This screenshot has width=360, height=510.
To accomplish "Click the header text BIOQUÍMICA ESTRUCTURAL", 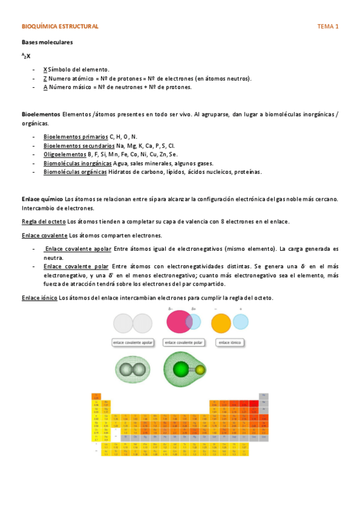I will (59, 27).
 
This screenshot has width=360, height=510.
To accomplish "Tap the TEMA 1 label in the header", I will (328, 27).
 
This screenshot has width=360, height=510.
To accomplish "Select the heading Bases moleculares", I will (47, 43).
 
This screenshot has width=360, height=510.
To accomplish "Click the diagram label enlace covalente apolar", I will (133, 342).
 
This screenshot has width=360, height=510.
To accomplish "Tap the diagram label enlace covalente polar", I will (183, 342).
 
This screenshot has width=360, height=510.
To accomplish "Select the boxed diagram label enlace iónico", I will (231, 342).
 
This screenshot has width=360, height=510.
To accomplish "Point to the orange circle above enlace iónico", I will (221, 322).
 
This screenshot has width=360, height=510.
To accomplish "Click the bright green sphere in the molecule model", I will (182, 369).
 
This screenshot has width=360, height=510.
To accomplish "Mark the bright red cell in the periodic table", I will (245, 404).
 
